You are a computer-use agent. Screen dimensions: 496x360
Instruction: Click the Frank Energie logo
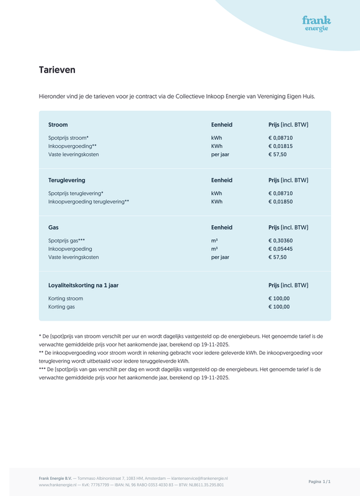pyautogui.click(x=316, y=24)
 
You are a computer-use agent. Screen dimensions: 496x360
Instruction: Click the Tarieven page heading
pyautogui.click(x=57, y=70)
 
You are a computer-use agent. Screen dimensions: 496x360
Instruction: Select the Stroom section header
pyautogui.click(x=58, y=125)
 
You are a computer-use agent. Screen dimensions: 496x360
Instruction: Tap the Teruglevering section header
pyautogui.click(x=67, y=180)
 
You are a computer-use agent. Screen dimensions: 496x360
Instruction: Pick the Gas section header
pyautogui.click(x=53, y=228)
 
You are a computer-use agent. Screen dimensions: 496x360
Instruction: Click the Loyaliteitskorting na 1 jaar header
pyautogui.click(x=83, y=285)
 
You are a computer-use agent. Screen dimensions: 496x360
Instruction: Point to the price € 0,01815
pyautogui.click(x=281, y=146)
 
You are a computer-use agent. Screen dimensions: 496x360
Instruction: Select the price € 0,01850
pyautogui.click(x=281, y=201)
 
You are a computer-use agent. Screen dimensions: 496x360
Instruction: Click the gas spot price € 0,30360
pyautogui.click(x=281, y=241)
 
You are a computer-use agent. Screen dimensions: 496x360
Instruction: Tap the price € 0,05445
pyautogui.click(x=281, y=249)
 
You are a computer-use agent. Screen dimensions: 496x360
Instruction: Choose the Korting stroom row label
pyautogui.click(x=66, y=298)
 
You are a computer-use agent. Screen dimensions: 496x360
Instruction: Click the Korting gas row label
pyautogui.click(x=61, y=307)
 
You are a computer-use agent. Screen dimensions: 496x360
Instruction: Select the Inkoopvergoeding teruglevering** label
pyautogui.click(x=89, y=201)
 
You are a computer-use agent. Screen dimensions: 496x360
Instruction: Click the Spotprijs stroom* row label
pyautogui.click(x=68, y=138)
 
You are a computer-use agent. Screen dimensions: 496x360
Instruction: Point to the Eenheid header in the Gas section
pyautogui.click(x=222, y=228)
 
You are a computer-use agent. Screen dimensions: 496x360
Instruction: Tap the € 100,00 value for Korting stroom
pyautogui.click(x=279, y=298)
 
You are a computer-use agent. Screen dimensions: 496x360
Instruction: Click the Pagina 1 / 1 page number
pyautogui.click(x=319, y=481)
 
